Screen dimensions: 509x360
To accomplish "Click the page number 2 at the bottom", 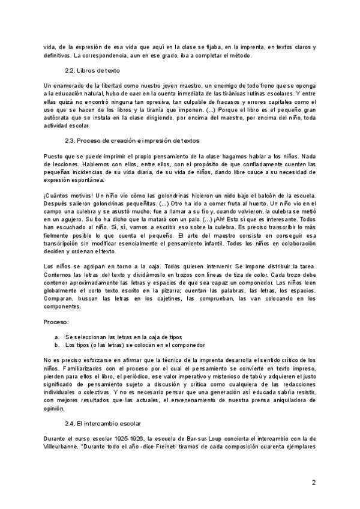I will point(314,482).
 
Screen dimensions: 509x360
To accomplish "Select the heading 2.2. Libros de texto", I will point(93,71).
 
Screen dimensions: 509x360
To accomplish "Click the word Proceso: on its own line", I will point(56,322).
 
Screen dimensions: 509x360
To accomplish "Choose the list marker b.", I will point(56,346).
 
